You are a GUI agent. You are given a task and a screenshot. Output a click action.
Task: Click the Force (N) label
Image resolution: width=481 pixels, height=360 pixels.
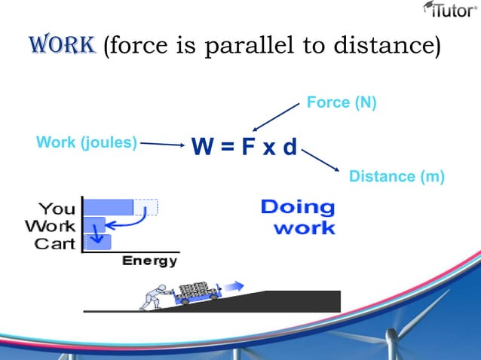(x=342, y=102)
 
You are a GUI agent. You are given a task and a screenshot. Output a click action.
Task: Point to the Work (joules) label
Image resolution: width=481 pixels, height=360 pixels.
(x=87, y=142)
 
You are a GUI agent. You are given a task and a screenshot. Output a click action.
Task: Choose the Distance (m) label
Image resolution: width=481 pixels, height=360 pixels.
(x=397, y=176)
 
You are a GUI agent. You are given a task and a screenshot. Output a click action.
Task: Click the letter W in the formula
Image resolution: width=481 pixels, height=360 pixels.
(x=203, y=146)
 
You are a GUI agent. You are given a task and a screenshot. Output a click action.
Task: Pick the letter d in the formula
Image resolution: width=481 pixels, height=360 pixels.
(x=290, y=146)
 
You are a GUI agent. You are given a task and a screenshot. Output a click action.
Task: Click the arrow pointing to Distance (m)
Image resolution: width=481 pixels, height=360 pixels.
(x=322, y=160)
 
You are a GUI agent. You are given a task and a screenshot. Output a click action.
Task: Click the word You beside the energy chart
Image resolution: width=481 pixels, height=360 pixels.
(x=57, y=208)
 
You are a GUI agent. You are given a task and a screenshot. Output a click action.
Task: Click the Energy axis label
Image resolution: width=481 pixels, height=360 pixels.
(x=150, y=261)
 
